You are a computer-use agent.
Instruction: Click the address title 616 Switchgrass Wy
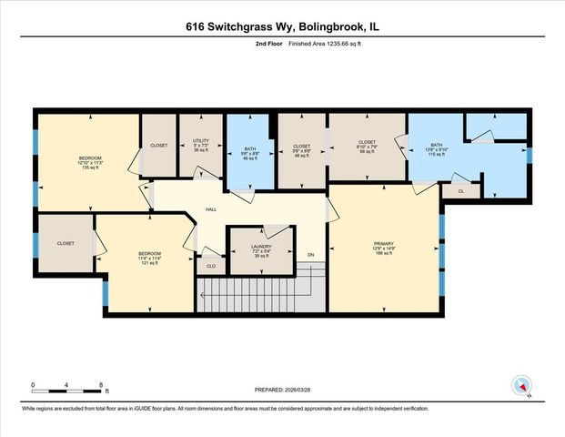(x=282, y=27)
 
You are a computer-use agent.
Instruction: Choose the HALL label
(x=211, y=209)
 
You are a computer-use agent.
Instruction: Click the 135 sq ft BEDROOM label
(x=90, y=162)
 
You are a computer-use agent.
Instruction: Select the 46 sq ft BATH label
(x=250, y=153)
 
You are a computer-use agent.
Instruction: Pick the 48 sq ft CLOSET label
(x=300, y=150)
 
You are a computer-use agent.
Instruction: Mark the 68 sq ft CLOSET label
(x=367, y=147)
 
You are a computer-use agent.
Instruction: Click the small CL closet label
(x=460, y=191)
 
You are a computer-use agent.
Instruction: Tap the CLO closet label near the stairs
(x=210, y=267)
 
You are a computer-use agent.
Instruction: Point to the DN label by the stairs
(x=310, y=254)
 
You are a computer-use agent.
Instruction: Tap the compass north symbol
(x=521, y=386)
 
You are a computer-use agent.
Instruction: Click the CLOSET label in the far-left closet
(x=66, y=243)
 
